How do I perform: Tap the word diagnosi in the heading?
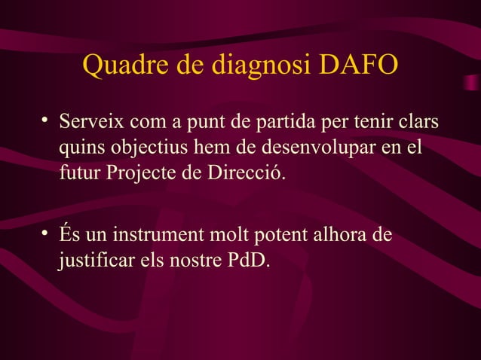[261, 67]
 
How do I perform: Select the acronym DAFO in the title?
[358, 66]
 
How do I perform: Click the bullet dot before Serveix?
[46, 118]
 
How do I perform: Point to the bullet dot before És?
[46, 233]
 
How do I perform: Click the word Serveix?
[89, 121]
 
